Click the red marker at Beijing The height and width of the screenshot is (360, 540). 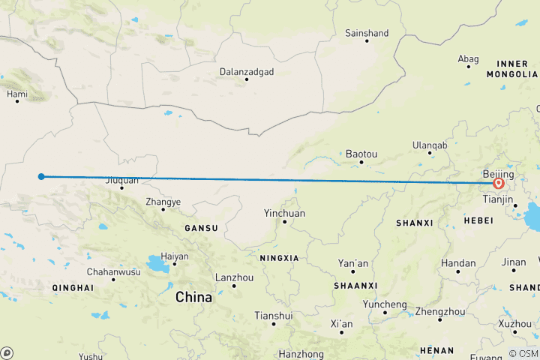(x=498, y=182)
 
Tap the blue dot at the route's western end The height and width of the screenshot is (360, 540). (x=42, y=177)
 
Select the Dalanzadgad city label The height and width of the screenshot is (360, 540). (x=246, y=72)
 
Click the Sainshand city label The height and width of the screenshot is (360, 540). (x=367, y=33)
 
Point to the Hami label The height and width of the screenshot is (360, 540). (x=16, y=94)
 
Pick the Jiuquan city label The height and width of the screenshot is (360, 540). (x=121, y=180)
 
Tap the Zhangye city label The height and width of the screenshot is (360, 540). (x=163, y=202)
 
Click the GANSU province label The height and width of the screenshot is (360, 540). (x=202, y=228)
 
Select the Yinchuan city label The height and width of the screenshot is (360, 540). (x=284, y=213)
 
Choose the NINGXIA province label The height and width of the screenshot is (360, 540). (x=279, y=258)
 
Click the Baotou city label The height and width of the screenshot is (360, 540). (x=361, y=154)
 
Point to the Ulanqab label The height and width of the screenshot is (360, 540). (x=429, y=145)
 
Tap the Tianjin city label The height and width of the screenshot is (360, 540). (x=498, y=199)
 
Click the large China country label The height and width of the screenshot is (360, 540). (x=193, y=298)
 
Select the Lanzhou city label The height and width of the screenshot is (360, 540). (x=232, y=277)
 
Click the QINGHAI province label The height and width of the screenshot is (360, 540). (x=73, y=287)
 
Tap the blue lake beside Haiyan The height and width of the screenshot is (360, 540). (x=157, y=263)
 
